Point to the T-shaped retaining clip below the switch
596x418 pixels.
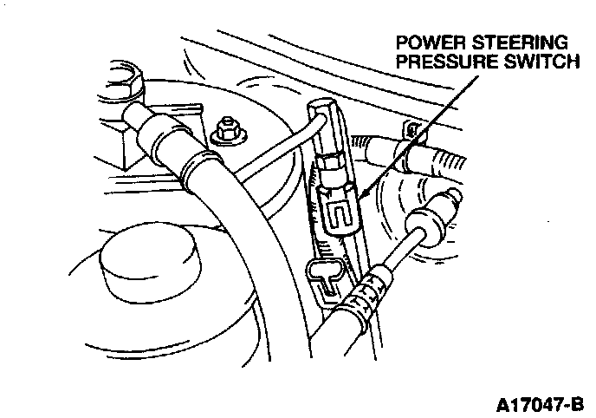click(326, 276)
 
